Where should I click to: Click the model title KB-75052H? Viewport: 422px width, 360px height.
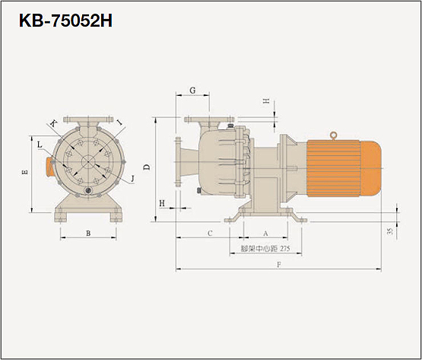(x=65, y=21)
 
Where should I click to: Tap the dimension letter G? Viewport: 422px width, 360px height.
(x=192, y=91)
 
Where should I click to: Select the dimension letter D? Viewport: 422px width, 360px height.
(x=147, y=167)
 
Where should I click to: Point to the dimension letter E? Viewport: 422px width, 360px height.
(x=25, y=172)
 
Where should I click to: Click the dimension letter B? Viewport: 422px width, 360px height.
(x=88, y=234)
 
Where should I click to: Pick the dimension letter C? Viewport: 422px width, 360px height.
(x=210, y=233)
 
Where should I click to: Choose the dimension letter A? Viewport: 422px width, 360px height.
(x=265, y=234)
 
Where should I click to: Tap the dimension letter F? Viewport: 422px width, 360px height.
(x=279, y=265)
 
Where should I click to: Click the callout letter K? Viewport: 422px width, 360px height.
(x=53, y=124)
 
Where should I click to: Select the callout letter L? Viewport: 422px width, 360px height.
(x=40, y=145)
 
